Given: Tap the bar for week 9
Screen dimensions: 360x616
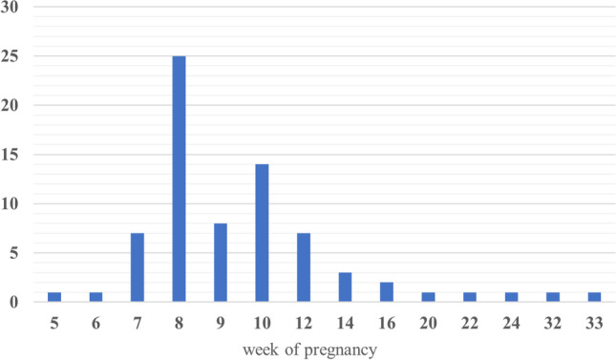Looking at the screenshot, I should (221, 263).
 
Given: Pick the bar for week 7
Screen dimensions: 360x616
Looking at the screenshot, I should (137, 267).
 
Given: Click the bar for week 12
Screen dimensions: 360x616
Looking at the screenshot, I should (304, 267).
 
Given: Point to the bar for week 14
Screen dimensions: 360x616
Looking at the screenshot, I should (345, 287).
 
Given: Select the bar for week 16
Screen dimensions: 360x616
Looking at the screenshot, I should (387, 292).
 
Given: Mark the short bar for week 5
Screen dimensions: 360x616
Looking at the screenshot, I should (53, 297).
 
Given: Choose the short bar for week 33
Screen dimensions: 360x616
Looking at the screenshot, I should (595, 297).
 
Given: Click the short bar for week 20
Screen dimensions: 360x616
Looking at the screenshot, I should (429, 297).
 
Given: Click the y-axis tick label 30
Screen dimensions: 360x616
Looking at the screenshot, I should (11, 7).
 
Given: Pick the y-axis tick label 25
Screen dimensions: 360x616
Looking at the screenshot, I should (11, 56).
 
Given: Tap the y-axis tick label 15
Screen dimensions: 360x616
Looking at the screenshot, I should (11, 155).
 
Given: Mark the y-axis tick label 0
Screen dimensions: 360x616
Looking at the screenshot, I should (14, 302).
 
